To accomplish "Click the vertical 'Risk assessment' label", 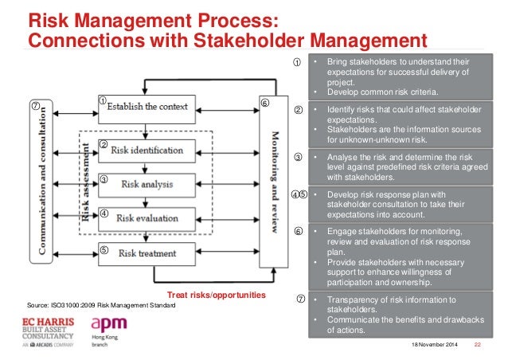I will tap(86, 184).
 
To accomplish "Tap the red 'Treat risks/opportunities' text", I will tap(211, 295).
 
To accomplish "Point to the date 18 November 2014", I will tap(433, 344).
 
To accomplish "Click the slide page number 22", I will tap(479, 344).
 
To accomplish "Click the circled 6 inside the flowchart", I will tap(265, 104).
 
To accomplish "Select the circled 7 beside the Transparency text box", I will tap(301, 299).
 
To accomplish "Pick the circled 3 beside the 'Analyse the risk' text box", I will tap(299, 158).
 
